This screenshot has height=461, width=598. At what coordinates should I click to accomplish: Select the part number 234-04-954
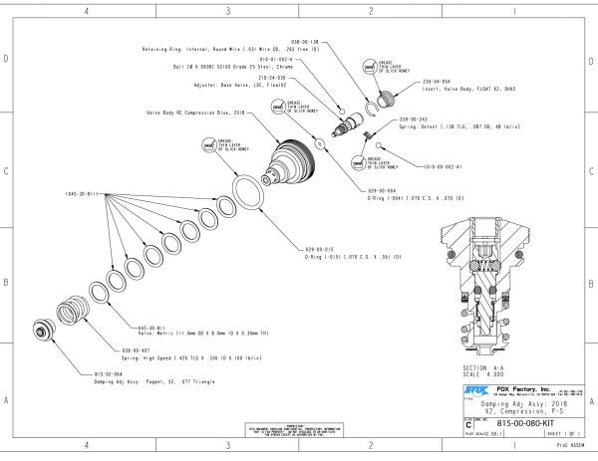[x=438, y=82]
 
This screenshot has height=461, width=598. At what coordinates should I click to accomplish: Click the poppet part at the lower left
[x=44, y=330]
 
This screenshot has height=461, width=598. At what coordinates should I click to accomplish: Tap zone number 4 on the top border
[x=86, y=11]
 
